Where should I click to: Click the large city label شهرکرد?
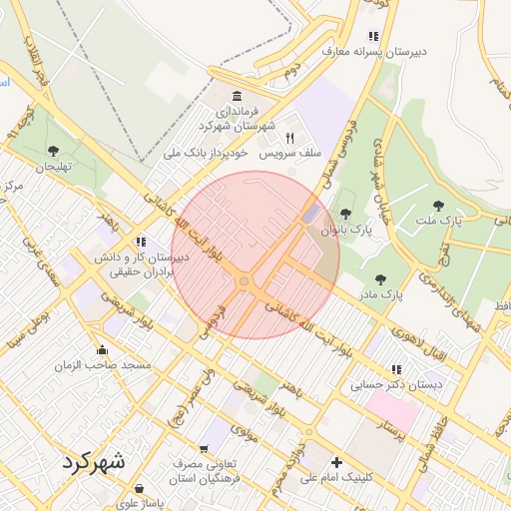94,463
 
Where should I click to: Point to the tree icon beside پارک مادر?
379,279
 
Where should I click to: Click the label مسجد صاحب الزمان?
104,366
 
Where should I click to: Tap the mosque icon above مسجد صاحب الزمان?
102,350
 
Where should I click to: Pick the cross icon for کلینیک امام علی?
337,463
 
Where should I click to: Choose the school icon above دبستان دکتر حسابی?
397,369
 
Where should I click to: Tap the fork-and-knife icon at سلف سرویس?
290,139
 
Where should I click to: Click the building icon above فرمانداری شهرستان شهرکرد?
237,96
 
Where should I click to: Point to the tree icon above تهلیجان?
53,151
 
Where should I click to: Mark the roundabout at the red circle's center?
245,282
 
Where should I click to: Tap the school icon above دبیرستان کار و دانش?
141,242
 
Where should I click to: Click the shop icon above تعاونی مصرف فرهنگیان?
204,450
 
